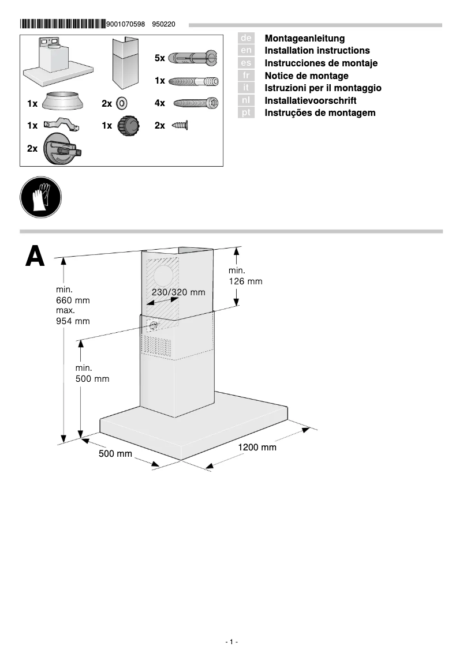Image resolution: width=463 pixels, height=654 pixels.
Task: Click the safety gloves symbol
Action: point(40,197)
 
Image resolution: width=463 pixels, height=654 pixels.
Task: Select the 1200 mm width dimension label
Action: point(257,447)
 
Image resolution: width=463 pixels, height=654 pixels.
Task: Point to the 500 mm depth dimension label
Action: point(115,454)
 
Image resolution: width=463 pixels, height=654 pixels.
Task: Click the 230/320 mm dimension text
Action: point(178,292)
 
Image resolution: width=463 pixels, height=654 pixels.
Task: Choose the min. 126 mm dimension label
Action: point(245,276)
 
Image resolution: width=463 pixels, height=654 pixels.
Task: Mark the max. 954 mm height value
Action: point(73,316)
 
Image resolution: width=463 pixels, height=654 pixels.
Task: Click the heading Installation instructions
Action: point(317,51)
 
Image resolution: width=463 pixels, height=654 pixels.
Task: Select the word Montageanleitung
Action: point(304,38)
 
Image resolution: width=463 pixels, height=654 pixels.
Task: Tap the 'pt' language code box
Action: point(246,113)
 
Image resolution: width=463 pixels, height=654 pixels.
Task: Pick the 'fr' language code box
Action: point(246,76)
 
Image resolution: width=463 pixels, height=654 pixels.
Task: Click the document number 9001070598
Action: point(125,24)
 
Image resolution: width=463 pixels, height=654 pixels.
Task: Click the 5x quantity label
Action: point(160,58)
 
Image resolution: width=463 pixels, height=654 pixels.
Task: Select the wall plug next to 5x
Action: point(192,58)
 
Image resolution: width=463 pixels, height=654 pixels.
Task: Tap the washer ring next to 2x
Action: point(122,103)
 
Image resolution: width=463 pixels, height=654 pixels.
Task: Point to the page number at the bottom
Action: point(231,642)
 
